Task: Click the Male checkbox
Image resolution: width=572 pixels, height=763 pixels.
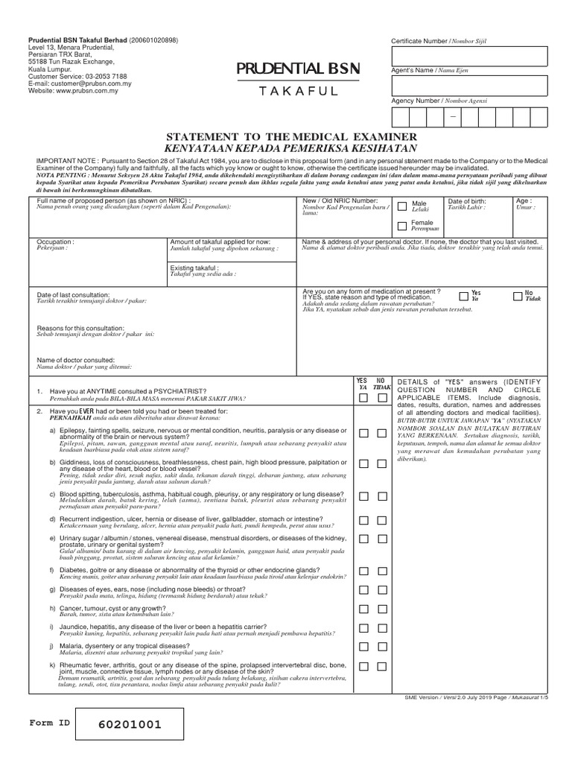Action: pyautogui.click(x=402, y=206)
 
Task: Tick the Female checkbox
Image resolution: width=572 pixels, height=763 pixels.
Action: pyautogui.click(x=402, y=226)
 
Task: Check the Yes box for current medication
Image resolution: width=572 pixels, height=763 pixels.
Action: pyautogui.click(x=464, y=296)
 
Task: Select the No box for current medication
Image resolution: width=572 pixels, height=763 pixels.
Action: pyautogui.click(x=517, y=296)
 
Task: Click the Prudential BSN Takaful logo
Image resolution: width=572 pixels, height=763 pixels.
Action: pyautogui.click(x=298, y=79)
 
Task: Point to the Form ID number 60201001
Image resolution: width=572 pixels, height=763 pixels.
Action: pyautogui.click(x=129, y=724)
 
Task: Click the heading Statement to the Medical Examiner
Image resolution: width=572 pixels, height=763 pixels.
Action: pyautogui.click(x=287, y=137)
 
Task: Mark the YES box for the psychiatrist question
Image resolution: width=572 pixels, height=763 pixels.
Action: pyautogui.click(x=363, y=399)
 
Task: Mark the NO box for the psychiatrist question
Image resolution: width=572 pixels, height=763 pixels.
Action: pyautogui.click(x=382, y=399)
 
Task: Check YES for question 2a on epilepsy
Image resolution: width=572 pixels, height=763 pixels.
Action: pyautogui.click(x=363, y=433)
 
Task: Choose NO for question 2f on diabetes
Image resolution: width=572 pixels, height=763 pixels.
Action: pyautogui.click(x=382, y=572)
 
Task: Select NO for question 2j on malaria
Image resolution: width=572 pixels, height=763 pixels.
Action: pyautogui.click(x=382, y=646)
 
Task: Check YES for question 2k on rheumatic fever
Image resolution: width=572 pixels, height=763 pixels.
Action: pyautogui.click(x=363, y=665)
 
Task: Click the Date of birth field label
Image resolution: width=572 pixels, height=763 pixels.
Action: pyautogui.click(x=466, y=202)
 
